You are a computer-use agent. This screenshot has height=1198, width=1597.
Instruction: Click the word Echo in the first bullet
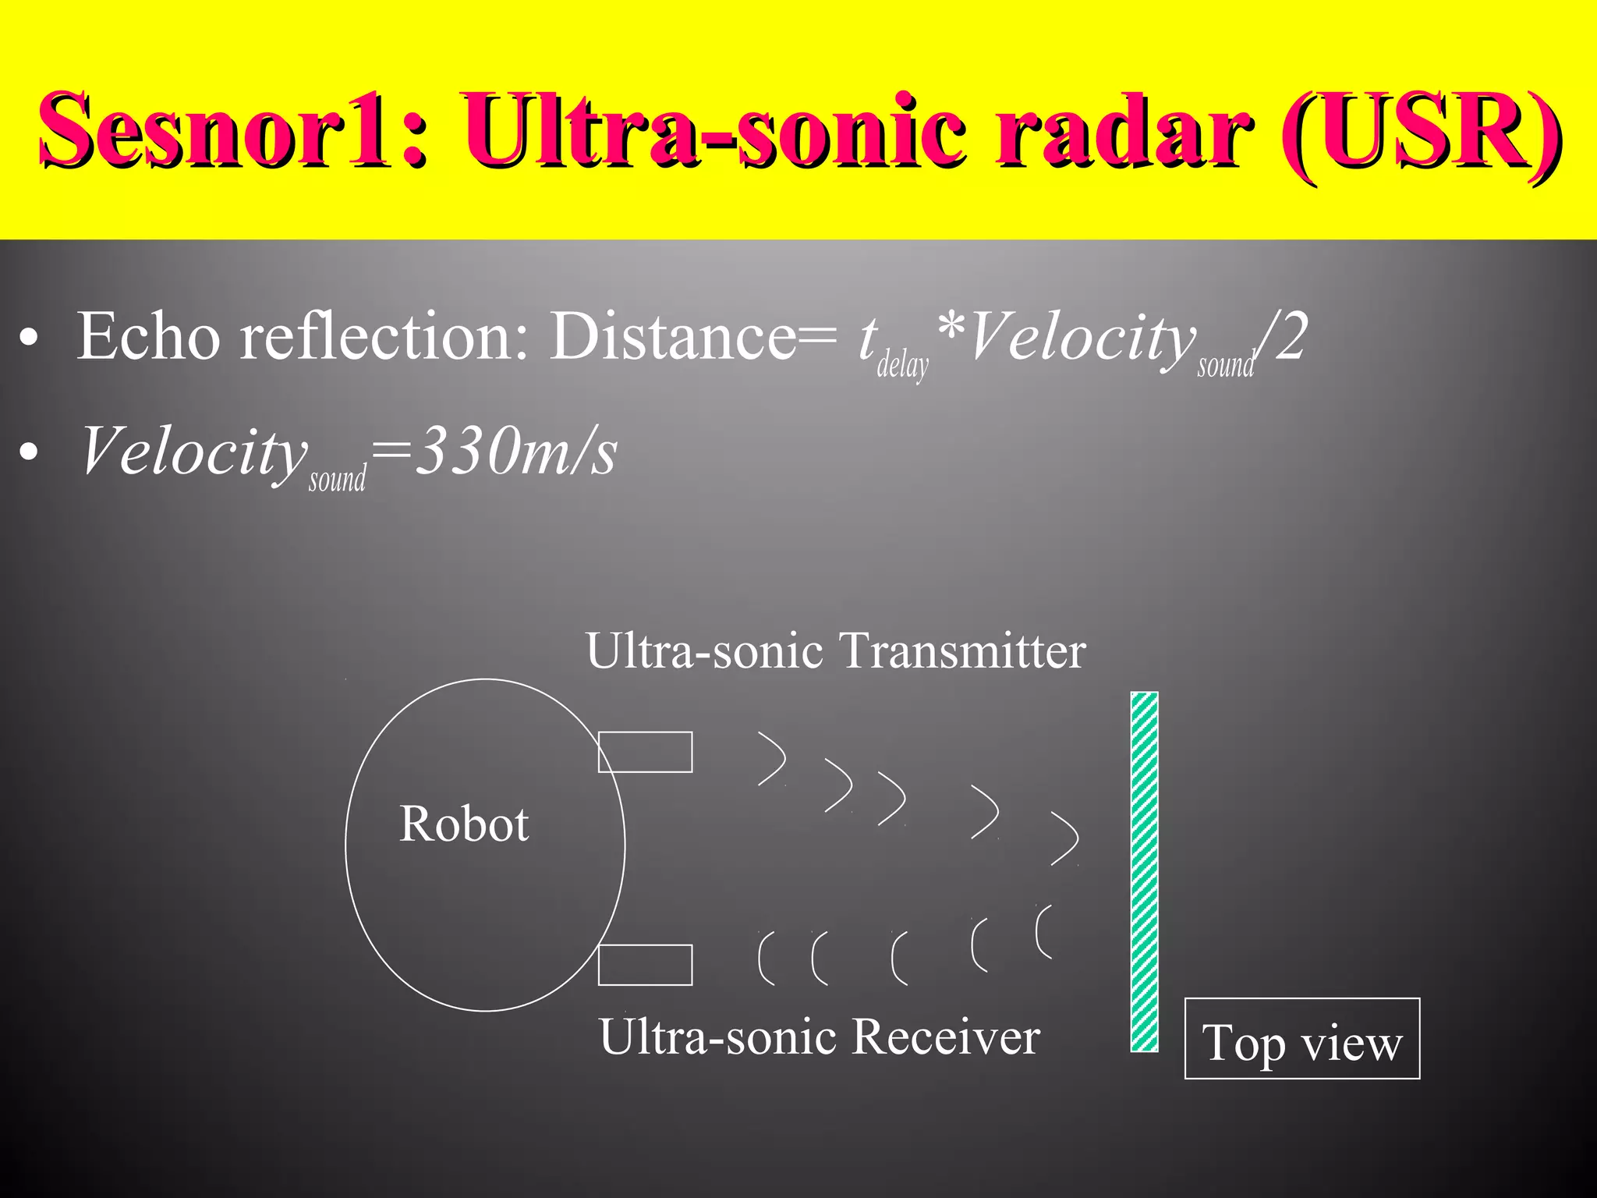point(148,337)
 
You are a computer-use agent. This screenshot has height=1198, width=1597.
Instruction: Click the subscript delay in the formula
point(903,365)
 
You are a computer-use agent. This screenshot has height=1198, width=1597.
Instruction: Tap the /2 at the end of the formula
point(1283,337)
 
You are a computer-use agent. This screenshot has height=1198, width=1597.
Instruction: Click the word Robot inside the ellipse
point(464,824)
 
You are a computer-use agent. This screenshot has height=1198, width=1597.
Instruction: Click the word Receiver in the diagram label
point(946,1037)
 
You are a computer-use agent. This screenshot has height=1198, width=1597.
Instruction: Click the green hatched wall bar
point(1144,871)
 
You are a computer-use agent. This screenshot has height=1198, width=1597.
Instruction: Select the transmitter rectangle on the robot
point(645,752)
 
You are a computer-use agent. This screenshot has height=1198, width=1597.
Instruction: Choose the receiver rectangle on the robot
point(645,965)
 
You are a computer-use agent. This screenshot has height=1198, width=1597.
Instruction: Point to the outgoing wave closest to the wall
point(1066,838)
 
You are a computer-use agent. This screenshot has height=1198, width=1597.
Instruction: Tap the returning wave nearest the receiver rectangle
point(767,958)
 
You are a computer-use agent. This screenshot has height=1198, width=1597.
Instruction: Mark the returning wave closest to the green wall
point(1043,931)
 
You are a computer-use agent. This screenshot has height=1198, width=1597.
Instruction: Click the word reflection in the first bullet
point(374,337)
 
